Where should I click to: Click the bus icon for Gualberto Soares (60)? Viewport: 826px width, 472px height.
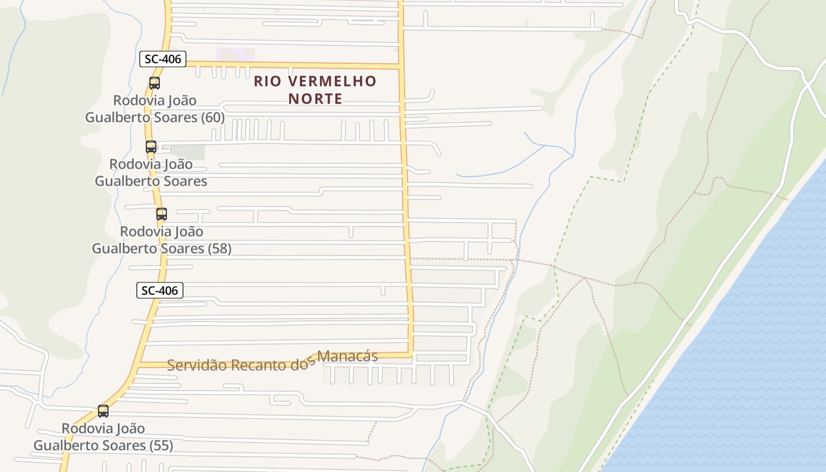click(155, 83)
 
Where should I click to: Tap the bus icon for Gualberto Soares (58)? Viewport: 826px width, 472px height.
click(162, 214)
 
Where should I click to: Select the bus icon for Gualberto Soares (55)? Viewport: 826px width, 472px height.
click(103, 411)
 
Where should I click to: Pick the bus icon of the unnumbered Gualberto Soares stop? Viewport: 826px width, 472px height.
click(151, 147)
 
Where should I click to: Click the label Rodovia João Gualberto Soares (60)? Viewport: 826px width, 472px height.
click(155, 109)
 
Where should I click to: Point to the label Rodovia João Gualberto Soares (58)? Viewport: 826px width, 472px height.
click(162, 240)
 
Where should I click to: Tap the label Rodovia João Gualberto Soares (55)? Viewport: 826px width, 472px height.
click(103, 437)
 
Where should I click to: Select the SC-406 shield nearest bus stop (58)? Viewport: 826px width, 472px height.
click(160, 290)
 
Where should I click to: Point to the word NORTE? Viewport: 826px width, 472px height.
click(315, 99)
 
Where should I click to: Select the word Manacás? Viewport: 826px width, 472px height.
click(348, 356)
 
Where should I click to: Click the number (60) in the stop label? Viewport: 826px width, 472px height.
click(213, 117)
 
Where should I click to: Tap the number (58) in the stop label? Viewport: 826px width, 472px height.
click(219, 248)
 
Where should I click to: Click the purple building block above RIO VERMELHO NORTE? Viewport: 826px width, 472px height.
click(235, 55)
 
